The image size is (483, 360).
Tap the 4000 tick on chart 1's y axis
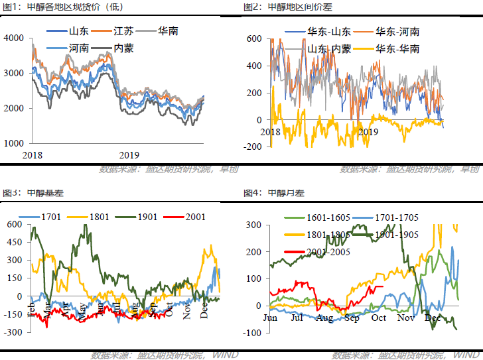(x=13, y=38)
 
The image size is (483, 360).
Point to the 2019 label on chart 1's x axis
(x=128, y=155)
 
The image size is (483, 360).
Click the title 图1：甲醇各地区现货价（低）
(x=51, y=7)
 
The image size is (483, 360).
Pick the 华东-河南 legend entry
(x=397, y=32)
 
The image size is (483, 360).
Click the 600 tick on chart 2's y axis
(x=255, y=38)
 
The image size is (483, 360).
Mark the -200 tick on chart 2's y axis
(x=252, y=147)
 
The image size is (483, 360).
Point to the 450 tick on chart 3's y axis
(x=14, y=243)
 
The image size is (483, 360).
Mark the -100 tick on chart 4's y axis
(x=253, y=331)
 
